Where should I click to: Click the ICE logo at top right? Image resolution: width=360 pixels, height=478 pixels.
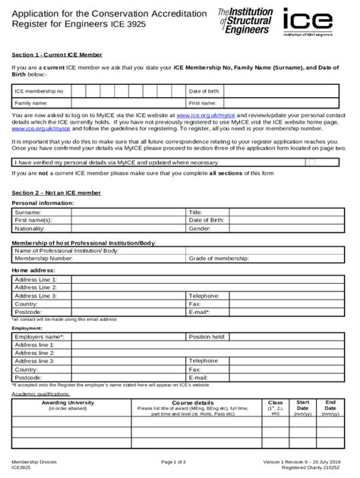coord(315,21)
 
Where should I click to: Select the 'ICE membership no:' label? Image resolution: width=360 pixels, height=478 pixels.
coord(39,91)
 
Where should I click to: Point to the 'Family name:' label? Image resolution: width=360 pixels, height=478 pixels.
coord(31,102)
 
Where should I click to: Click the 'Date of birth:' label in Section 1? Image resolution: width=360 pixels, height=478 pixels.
coord(204,91)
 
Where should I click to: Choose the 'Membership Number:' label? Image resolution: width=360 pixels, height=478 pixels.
coord(44,258)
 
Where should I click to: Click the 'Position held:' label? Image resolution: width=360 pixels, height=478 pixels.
coord(207,336)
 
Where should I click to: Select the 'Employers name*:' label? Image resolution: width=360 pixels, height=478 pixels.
coord(39,336)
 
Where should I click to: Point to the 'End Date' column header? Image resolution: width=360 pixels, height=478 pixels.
coord(330,405)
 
